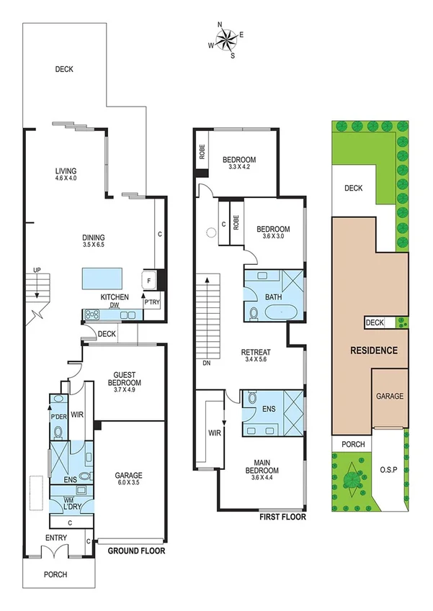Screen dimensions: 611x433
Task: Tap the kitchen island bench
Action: (100, 277)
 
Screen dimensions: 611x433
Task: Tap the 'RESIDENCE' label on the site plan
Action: (373, 350)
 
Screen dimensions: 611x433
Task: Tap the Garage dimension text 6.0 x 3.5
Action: (130, 484)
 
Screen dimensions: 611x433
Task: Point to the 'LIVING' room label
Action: (66, 171)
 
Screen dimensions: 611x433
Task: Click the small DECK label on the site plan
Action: (375, 323)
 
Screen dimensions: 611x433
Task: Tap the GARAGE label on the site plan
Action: (389, 396)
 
